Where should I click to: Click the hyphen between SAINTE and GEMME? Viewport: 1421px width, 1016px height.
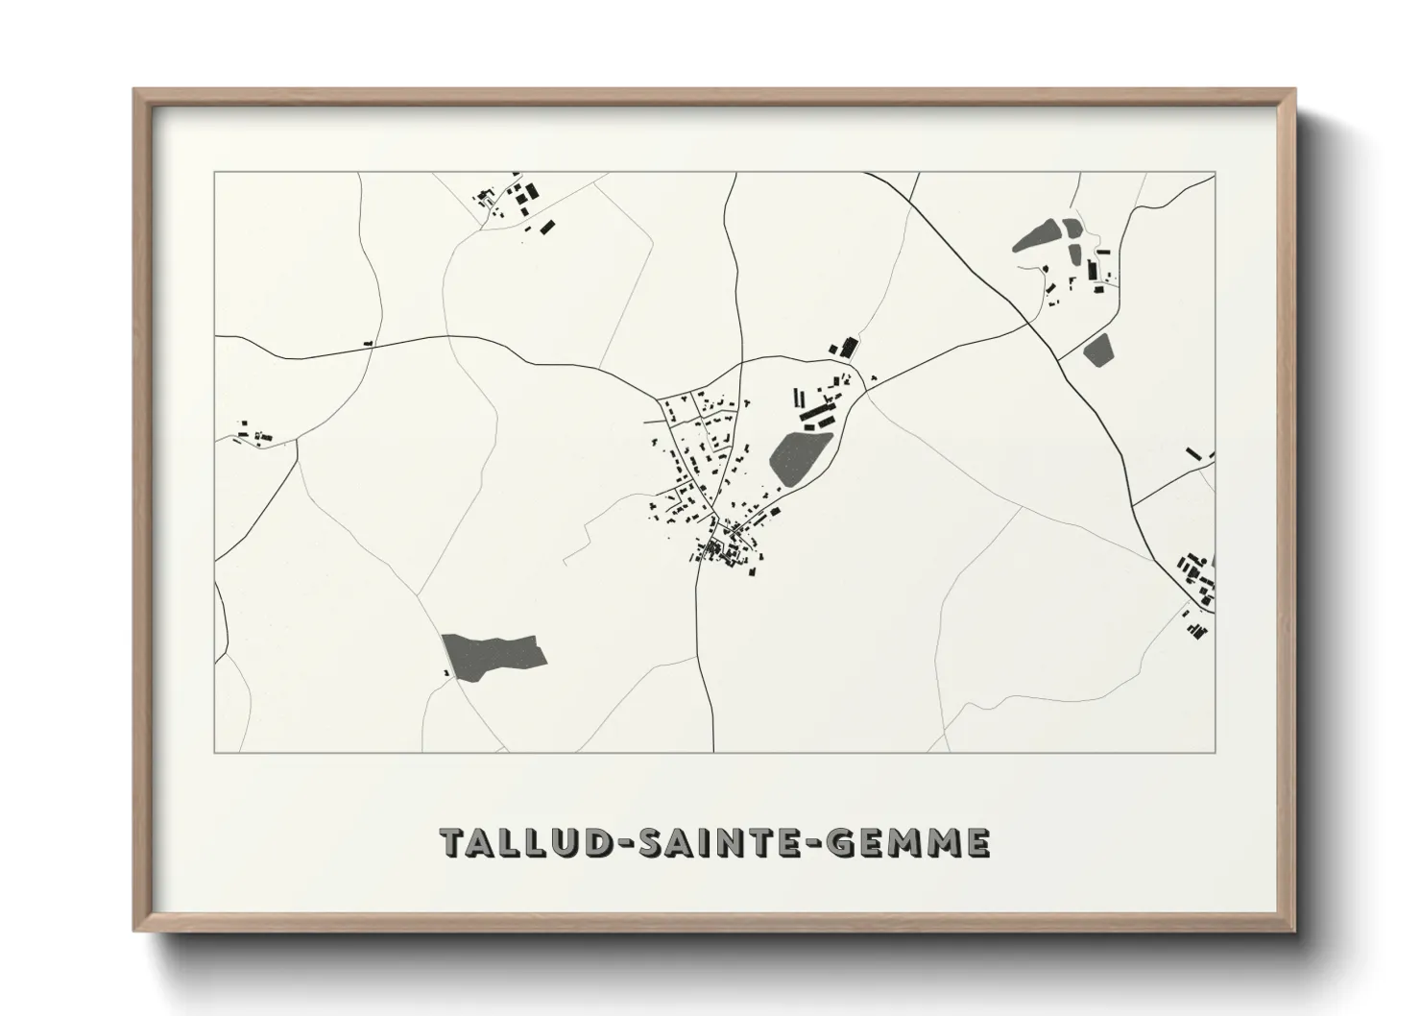pyautogui.click(x=812, y=843)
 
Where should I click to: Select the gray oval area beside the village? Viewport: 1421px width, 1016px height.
pyautogui.click(x=800, y=457)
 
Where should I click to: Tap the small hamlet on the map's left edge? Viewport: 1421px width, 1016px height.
pyautogui.click(x=252, y=433)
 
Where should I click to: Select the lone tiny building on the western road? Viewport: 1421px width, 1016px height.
pyautogui.click(x=368, y=343)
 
